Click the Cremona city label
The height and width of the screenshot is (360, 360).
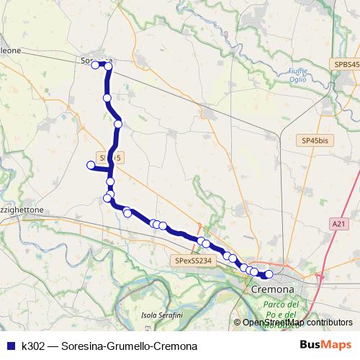(x=274, y=289)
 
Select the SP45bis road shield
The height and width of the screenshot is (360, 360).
(x=314, y=140)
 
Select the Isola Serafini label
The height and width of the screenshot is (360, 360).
(x=161, y=315)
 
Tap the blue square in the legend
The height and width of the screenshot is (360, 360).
(x=10, y=346)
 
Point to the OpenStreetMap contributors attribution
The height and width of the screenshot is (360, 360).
(x=297, y=323)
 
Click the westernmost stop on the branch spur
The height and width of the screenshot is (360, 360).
(x=91, y=166)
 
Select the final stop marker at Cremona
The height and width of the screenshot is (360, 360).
(x=269, y=274)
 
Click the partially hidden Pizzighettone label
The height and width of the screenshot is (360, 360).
(x=22, y=210)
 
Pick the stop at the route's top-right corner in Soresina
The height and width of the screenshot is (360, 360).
(x=109, y=66)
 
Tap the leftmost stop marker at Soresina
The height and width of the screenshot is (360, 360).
(x=94, y=65)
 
